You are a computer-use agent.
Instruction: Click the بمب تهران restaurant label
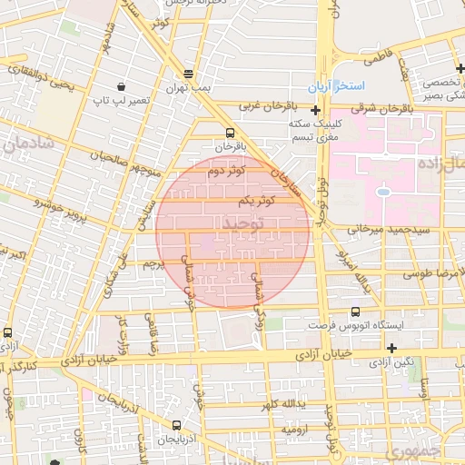coord(187,87)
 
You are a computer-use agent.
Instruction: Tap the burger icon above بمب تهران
coord(188,74)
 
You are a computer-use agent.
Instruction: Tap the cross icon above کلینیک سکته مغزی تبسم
coord(315,109)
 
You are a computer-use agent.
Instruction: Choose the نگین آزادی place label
coord(391,361)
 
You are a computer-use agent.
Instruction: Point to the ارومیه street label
coord(296,427)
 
